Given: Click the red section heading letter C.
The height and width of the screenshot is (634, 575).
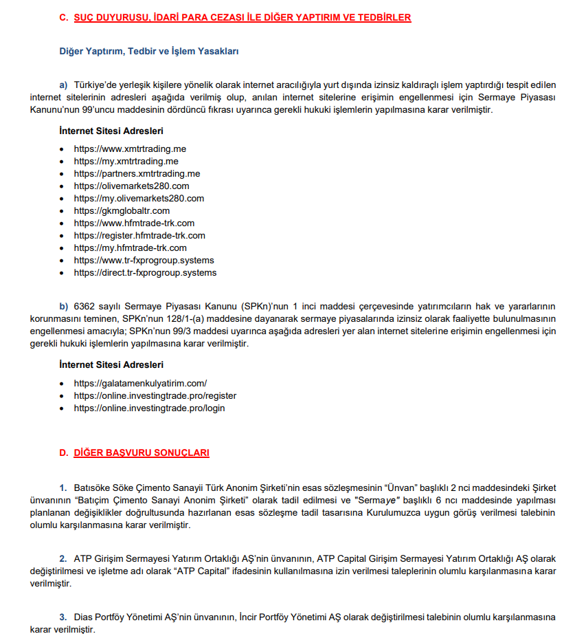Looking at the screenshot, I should click(x=63, y=18).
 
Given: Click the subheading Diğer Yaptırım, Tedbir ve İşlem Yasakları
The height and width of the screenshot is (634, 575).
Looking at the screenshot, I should click(x=149, y=51).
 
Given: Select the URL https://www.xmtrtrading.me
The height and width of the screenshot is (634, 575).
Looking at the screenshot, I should click(x=130, y=149).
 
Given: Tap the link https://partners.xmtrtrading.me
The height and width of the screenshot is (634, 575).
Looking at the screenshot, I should click(x=137, y=173).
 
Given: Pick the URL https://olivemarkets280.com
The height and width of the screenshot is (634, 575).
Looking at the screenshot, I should click(x=131, y=186).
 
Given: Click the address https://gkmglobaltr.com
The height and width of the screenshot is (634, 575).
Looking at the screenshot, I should click(x=122, y=210).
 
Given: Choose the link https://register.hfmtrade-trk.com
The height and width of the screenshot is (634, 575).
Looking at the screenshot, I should click(x=139, y=235).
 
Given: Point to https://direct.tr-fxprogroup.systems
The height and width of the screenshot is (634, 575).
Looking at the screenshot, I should click(x=145, y=272).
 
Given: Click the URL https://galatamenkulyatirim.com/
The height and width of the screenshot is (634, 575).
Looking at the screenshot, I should click(x=140, y=383).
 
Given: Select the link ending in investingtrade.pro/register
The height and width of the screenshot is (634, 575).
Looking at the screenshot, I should click(x=155, y=395).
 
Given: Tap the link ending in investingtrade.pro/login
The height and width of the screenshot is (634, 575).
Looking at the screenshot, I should click(x=149, y=408).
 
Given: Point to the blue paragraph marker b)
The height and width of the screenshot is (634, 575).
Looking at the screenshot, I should click(x=63, y=305).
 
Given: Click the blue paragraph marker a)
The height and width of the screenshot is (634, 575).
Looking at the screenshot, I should click(x=63, y=85).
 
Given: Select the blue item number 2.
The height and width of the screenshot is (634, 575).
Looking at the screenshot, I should click(x=63, y=558).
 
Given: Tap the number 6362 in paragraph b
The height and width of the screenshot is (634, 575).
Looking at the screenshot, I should click(x=84, y=305).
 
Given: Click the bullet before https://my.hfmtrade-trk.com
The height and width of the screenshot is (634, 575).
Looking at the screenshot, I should click(x=63, y=248).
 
